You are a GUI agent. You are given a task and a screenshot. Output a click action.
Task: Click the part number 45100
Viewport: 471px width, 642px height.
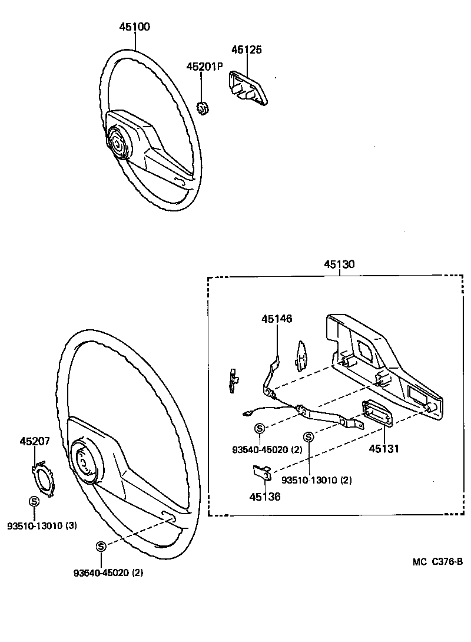coord(135,27)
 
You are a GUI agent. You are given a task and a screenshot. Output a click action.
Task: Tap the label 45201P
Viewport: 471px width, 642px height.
coord(204,67)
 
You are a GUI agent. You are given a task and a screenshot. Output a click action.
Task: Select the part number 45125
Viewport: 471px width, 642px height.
coord(247,49)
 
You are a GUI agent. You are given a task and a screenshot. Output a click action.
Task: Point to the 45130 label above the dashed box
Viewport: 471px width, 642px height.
coord(339,264)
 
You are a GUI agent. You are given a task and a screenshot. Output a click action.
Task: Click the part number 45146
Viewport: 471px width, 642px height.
coord(277,319)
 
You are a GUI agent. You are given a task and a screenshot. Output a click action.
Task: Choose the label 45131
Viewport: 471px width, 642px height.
coord(384,449)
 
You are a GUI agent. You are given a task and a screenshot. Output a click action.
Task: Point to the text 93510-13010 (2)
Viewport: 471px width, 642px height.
coord(316,480)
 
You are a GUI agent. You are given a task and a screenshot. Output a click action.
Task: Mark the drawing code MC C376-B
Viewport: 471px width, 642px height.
coord(437,561)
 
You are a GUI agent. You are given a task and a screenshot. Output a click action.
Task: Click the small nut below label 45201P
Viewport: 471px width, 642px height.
coord(202,108)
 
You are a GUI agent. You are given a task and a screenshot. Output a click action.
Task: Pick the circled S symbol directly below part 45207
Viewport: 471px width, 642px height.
coord(34,501)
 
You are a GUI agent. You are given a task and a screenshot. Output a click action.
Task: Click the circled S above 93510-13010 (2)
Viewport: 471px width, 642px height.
coord(308,436)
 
